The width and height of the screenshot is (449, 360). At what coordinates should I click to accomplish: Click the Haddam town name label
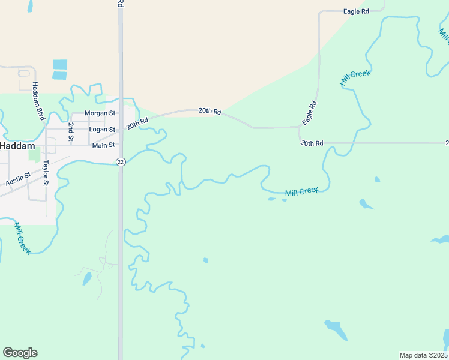(17, 146)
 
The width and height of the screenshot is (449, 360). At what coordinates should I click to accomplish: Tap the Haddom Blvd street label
(38, 101)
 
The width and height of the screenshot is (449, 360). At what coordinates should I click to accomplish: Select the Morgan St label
(100, 113)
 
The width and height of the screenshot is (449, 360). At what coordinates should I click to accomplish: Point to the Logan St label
(101, 129)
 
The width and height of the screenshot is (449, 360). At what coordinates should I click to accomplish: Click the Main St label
(103, 145)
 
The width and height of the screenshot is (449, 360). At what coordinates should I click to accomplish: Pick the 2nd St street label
(71, 132)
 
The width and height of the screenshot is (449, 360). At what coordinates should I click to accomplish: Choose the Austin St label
(18, 178)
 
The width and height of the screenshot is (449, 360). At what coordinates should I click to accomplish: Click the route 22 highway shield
(121, 162)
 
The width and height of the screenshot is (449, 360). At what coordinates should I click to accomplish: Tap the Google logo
(20, 353)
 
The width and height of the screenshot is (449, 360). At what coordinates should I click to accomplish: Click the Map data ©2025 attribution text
(423, 355)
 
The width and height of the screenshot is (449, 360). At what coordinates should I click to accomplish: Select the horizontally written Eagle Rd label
(355, 11)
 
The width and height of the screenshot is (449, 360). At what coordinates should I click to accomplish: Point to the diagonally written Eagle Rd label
(310, 113)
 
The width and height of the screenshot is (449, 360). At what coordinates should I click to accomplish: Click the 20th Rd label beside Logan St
(137, 123)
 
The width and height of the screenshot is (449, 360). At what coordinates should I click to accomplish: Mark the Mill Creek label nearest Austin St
(22, 238)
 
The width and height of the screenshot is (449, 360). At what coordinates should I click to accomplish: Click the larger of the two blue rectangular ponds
(60, 64)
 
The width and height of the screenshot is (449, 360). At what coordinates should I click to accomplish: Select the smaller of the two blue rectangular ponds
(59, 76)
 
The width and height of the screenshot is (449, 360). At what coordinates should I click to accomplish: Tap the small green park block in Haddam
(34, 155)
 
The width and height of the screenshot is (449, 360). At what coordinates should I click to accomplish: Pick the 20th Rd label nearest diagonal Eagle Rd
(312, 143)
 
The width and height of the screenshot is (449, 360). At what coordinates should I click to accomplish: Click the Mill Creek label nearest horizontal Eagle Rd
(356, 79)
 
